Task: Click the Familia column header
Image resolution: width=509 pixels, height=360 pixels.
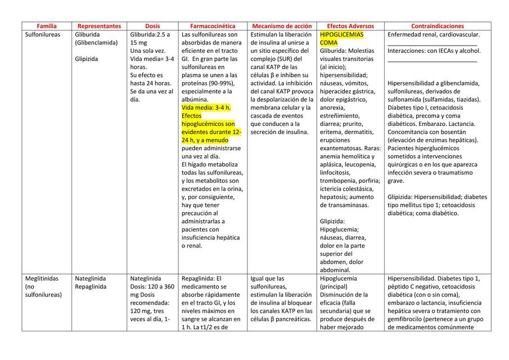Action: click(x=47, y=26)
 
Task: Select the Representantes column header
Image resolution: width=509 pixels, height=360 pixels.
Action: click(x=99, y=26)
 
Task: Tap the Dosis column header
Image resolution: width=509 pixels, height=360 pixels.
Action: click(x=152, y=26)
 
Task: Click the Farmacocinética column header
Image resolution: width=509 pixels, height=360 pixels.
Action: click(x=213, y=26)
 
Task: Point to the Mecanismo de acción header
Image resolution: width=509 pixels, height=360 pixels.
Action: click(x=282, y=26)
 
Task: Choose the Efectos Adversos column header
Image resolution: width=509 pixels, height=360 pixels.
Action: click(x=350, y=26)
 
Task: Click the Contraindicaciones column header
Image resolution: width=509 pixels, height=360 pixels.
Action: click(x=438, y=26)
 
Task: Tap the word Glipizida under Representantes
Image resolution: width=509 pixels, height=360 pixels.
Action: click(x=87, y=58)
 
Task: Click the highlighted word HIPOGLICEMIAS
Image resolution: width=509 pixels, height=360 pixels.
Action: click(x=341, y=34)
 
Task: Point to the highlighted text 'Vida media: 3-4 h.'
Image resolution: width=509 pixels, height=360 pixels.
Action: click(x=206, y=107)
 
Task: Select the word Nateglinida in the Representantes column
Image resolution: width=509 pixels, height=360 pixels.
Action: click(x=91, y=278)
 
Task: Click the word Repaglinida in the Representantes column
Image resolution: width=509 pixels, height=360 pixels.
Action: click(x=91, y=286)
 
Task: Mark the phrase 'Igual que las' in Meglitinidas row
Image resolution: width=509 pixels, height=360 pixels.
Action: click(x=268, y=278)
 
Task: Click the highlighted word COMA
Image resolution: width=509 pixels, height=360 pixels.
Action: click(x=329, y=43)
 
